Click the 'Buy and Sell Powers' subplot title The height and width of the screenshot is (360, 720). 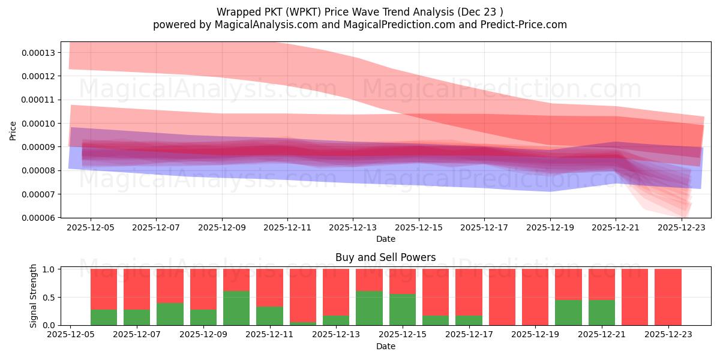tap(385, 257)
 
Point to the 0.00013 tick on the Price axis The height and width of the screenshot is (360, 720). tap(38, 53)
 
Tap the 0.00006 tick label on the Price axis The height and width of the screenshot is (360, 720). tap(38, 218)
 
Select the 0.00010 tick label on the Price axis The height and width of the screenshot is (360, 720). tap(38, 124)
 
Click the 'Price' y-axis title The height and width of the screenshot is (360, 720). tap(13, 130)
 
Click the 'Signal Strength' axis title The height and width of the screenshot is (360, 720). tap(34, 296)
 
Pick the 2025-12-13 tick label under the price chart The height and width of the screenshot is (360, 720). tap(353, 228)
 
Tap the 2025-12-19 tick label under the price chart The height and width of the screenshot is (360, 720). tap(550, 228)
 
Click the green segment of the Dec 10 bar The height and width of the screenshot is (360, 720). tap(236, 308)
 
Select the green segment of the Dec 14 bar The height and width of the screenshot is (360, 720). tap(369, 308)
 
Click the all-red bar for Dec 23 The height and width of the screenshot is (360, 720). tap(668, 297)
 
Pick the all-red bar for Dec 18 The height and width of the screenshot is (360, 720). tap(502, 297)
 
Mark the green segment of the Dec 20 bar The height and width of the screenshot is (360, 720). tap(568, 313)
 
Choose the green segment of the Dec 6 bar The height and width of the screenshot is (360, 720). tap(104, 317)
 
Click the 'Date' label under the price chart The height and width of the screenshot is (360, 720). tap(385, 239)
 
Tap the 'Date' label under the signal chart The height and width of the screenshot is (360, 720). tap(385, 346)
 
